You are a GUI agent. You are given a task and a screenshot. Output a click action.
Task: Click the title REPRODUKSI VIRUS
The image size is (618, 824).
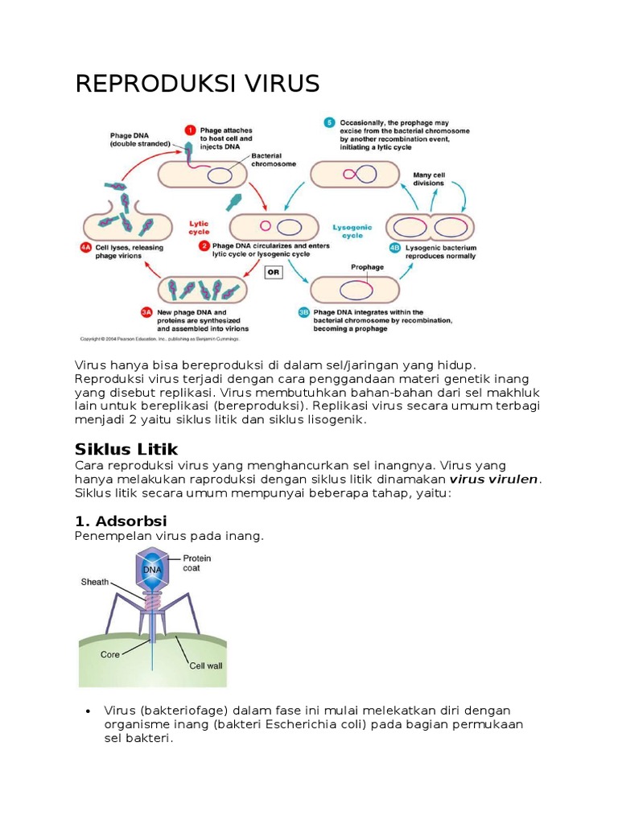pos(197,83)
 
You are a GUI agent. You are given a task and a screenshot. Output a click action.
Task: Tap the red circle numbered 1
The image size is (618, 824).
pos(190,130)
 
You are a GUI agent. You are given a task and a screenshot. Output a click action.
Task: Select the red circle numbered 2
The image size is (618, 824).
pos(205,245)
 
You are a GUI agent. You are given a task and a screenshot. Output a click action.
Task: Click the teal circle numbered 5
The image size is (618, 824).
pos(329,122)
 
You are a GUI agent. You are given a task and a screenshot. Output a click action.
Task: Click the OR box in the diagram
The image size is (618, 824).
pos(274,272)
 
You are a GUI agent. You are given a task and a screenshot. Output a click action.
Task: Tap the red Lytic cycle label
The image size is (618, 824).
pos(199,228)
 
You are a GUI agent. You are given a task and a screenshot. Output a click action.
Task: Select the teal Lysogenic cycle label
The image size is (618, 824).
pos(352,232)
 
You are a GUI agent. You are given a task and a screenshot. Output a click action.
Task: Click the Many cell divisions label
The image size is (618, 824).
pos(428,178)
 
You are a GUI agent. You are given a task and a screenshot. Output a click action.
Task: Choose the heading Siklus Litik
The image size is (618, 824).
pos(126,449)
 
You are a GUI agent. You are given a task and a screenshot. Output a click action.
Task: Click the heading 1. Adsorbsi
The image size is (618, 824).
pos(121,521)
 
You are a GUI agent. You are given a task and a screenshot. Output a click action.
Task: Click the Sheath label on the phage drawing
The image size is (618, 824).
pos(94,582)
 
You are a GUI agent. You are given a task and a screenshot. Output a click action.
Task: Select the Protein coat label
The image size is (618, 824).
pos(197,562)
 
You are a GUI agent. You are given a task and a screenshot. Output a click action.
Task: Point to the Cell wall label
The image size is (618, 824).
pos(206,665)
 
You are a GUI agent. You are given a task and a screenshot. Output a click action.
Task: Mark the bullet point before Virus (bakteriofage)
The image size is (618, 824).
pos(86,711)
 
